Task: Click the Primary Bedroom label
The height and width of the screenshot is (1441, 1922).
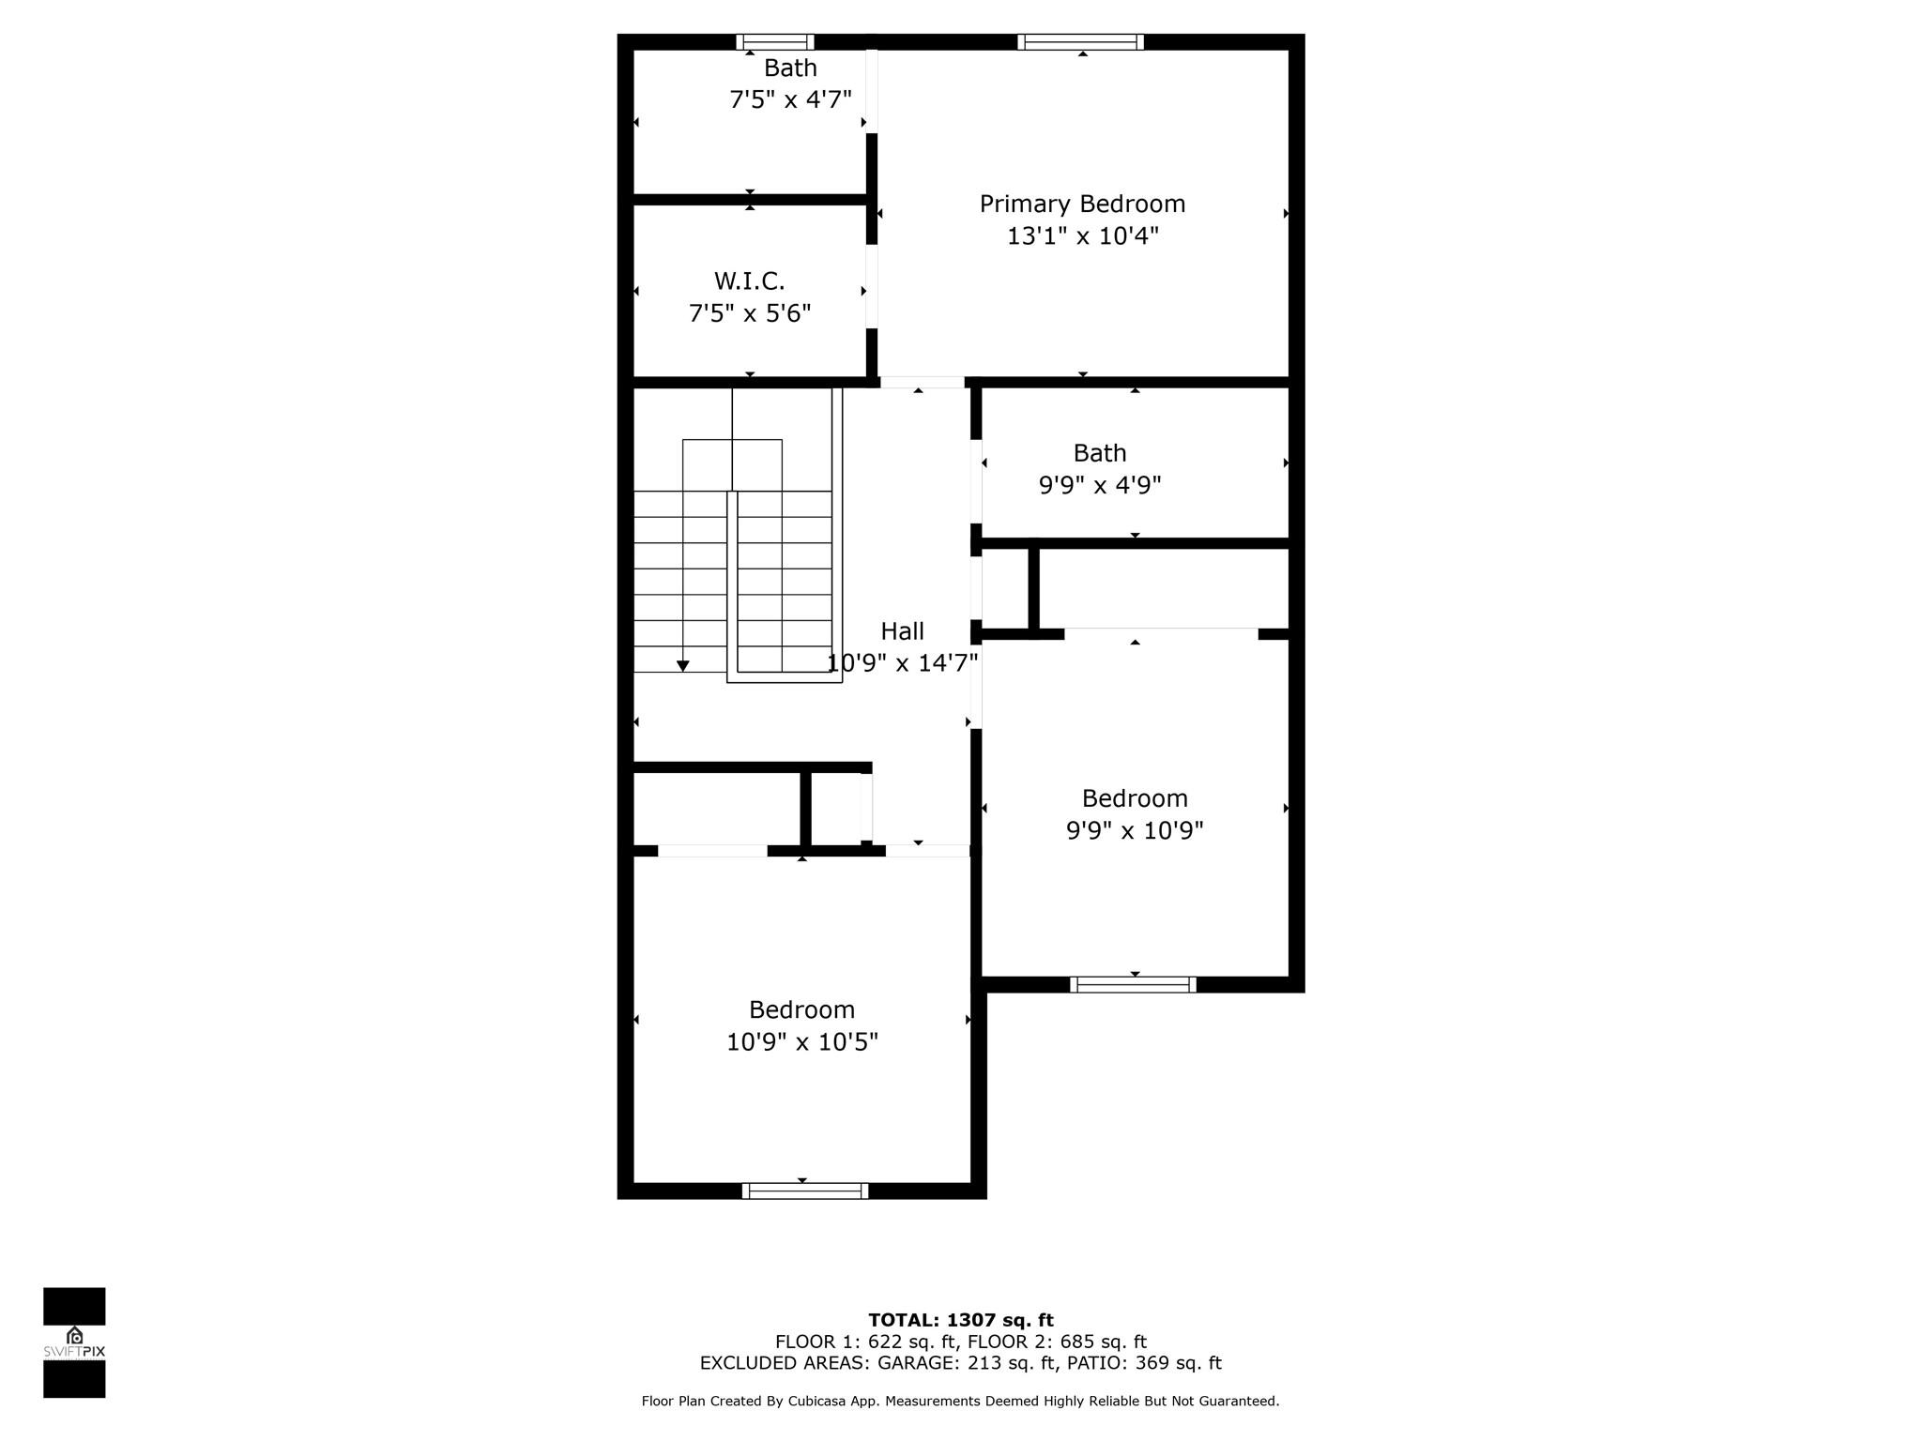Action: point(1082,205)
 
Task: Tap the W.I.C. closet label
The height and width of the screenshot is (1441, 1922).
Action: point(749,281)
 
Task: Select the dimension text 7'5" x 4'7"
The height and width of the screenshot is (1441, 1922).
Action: point(790,99)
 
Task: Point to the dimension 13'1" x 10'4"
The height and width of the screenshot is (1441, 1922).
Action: point(1083,236)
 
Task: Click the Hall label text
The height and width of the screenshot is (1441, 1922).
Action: point(902,631)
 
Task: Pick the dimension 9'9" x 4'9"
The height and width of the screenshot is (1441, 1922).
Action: point(1100,486)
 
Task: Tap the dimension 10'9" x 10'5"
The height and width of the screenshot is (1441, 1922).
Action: point(802,1042)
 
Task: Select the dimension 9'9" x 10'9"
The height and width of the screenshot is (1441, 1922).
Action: point(1135,831)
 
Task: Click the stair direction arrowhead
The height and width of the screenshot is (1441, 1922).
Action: point(683,666)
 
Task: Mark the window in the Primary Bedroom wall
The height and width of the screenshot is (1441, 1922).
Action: point(1081,41)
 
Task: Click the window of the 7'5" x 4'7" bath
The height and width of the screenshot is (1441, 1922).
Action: point(774,41)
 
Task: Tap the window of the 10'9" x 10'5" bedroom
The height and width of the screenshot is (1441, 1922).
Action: point(805,1191)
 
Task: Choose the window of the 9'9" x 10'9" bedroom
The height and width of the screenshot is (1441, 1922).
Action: point(1133,984)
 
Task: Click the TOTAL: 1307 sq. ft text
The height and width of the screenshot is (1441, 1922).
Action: point(961,1321)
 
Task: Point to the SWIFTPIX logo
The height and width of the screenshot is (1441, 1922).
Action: point(74,1342)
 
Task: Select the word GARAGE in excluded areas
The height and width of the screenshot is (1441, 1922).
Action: point(914,1363)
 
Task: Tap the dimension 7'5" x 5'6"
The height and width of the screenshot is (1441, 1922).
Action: point(750,313)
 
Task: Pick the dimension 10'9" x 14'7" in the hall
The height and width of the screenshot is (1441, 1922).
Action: point(902,664)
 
